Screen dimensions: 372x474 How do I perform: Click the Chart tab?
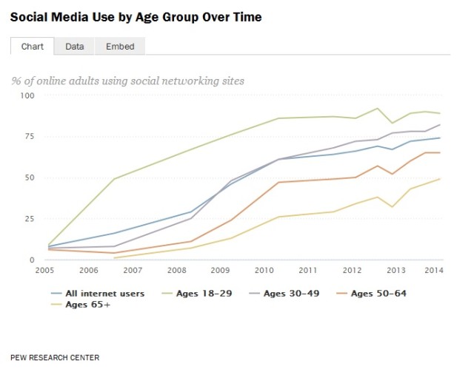pyautogui.click(x=31, y=47)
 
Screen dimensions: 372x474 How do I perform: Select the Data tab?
pyautogui.click(x=74, y=47)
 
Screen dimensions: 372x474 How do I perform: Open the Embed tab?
pyautogui.click(x=120, y=47)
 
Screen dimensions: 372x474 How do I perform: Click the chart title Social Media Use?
pyautogui.click(x=136, y=15)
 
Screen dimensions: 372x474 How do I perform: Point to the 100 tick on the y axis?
pyautogui.click(x=27, y=96)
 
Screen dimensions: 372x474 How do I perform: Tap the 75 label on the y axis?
pyautogui.click(x=30, y=137)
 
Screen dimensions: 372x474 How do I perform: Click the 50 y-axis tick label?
pyautogui.click(x=30, y=177)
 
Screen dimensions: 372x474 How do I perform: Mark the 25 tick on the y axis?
pyautogui.click(x=30, y=219)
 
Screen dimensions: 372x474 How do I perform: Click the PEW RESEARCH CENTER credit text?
pyautogui.click(x=55, y=357)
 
